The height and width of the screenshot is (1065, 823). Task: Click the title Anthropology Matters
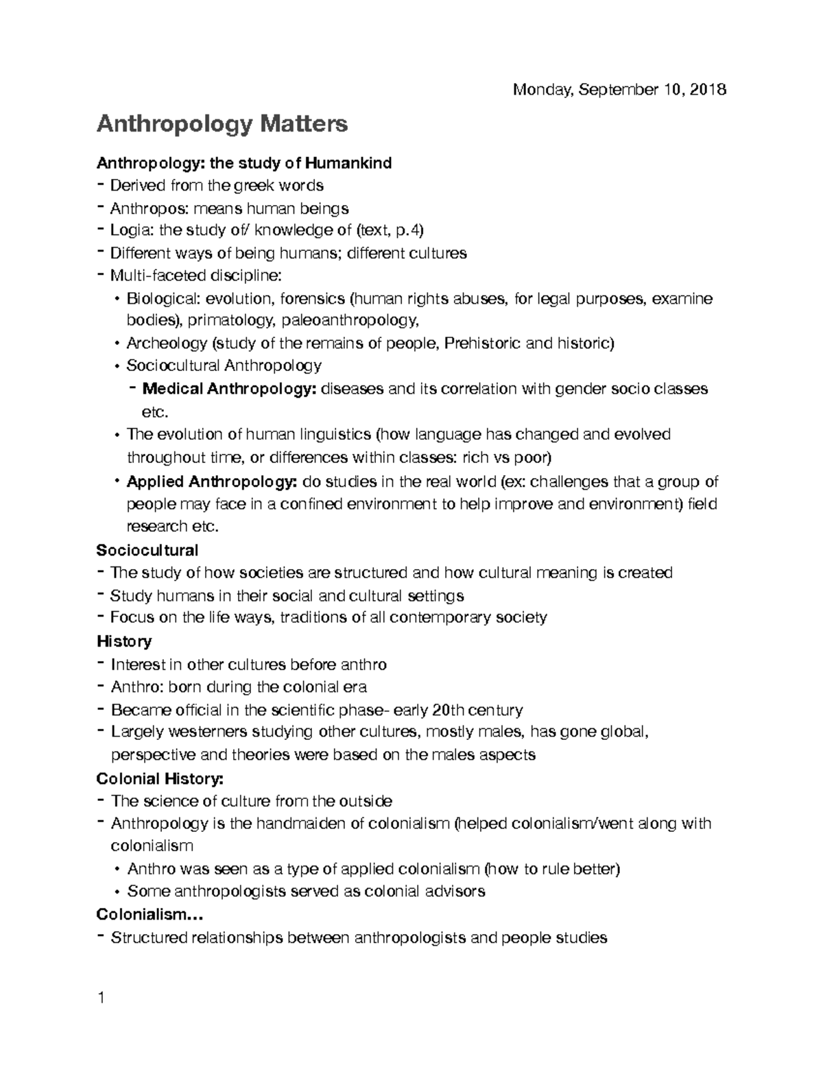pos(222,124)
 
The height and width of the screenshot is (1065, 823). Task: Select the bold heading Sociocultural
pos(147,550)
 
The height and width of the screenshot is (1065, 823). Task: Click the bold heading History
pos(124,641)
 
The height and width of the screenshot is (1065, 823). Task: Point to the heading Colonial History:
pos(160,778)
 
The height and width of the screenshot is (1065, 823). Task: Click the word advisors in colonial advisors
pos(454,892)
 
